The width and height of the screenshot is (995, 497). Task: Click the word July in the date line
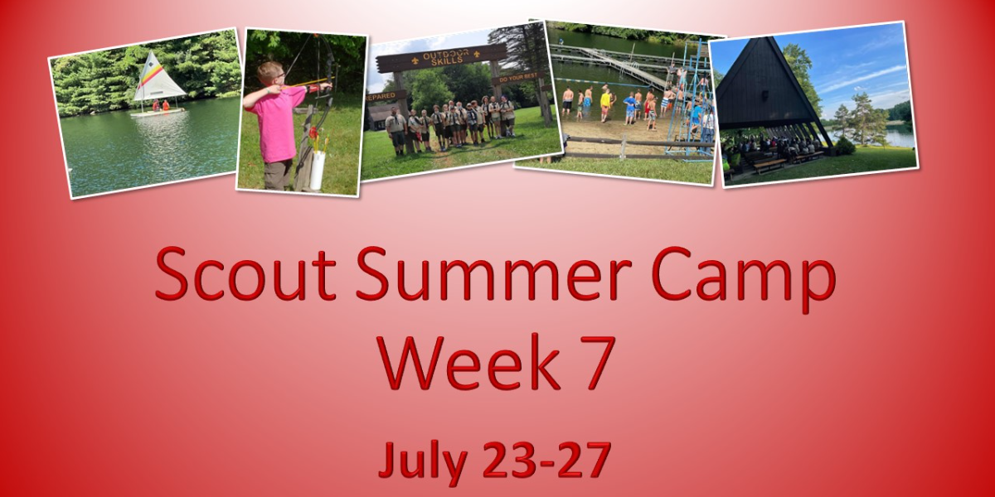coord(420,460)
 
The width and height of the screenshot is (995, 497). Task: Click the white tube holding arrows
coord(317,169)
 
